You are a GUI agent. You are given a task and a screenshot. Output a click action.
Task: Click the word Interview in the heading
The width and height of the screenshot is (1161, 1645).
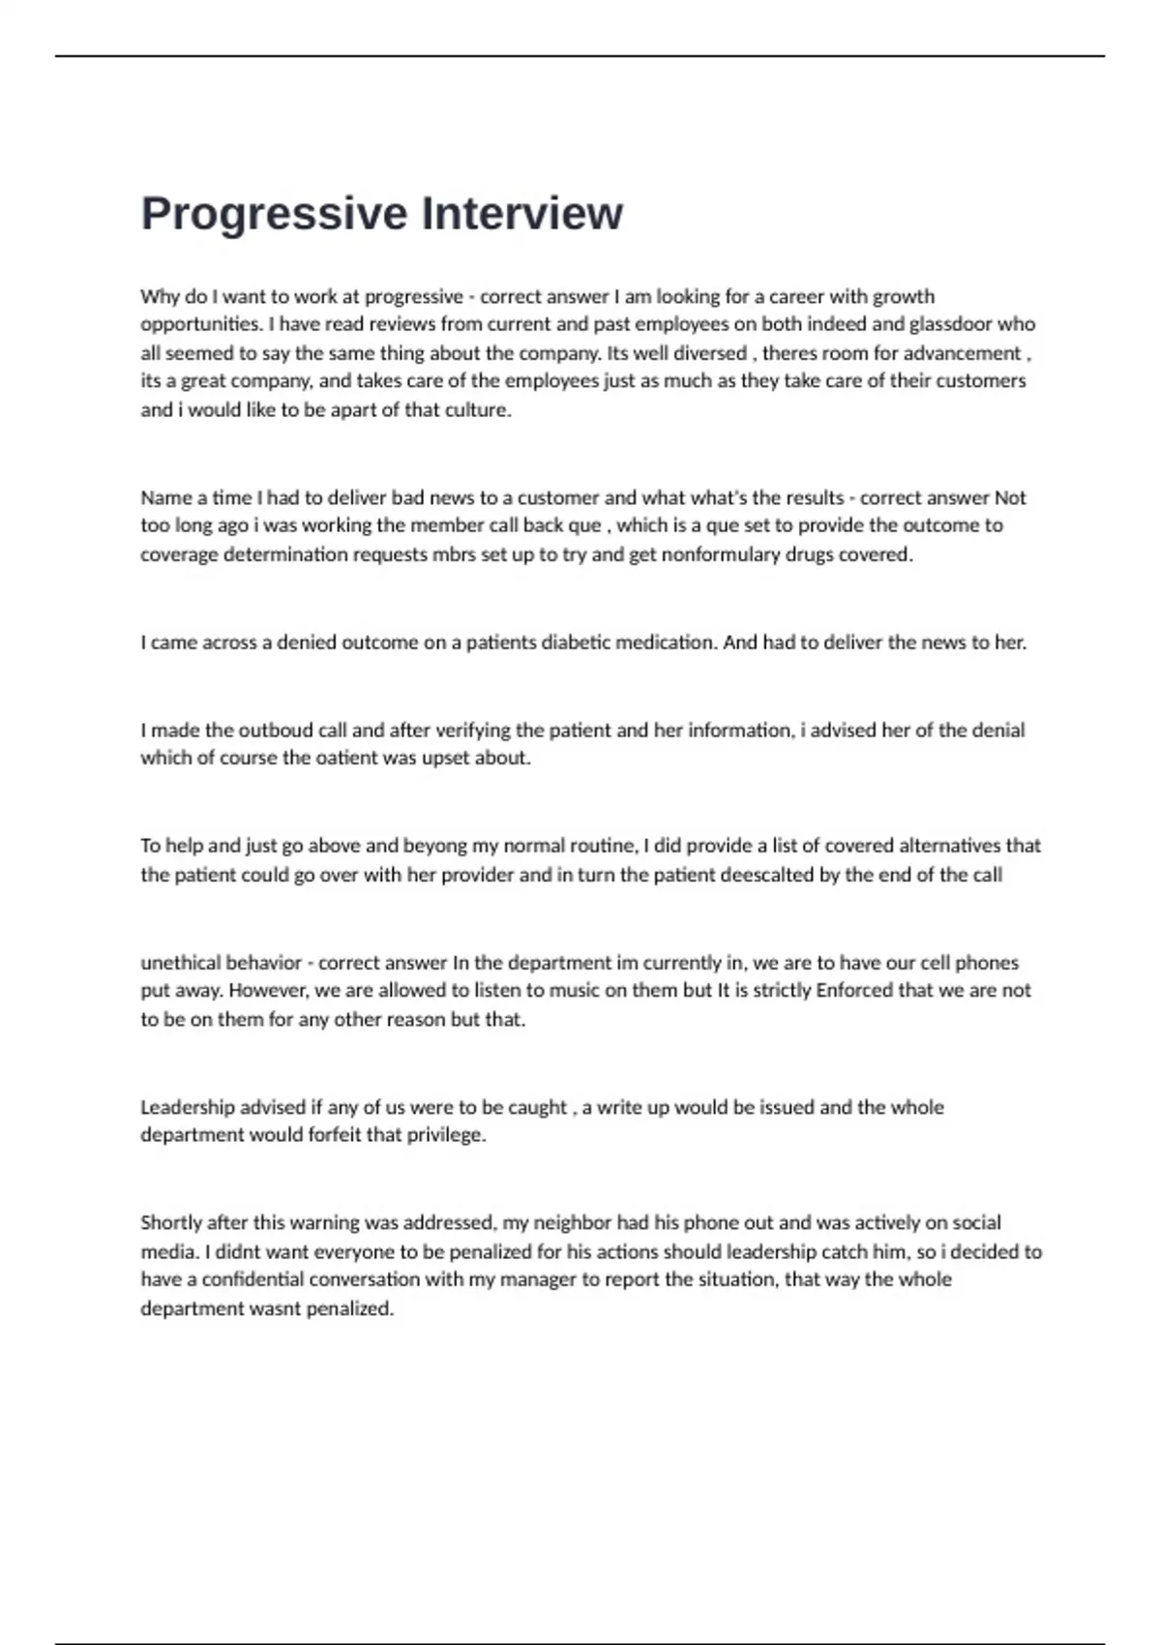522,213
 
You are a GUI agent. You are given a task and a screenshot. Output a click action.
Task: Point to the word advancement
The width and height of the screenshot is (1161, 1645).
962,353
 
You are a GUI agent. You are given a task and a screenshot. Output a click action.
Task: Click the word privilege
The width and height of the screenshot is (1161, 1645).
446,1135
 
